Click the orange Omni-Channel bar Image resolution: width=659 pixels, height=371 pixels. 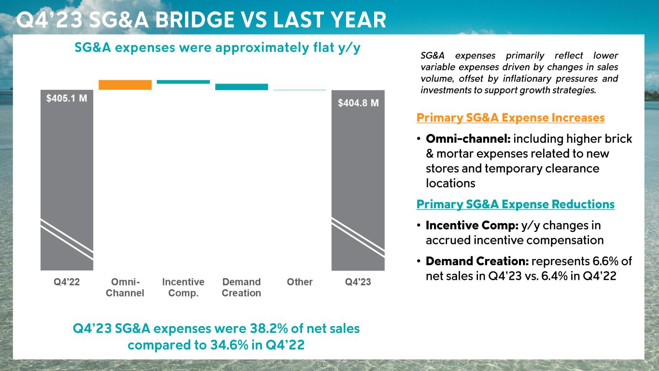pos(125,85)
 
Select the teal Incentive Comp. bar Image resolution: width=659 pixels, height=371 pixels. pos(183,82)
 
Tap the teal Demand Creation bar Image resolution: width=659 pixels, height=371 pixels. pos(241,87)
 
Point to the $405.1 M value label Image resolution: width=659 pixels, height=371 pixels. pos(67,98)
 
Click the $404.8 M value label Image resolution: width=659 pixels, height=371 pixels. pos(358,103)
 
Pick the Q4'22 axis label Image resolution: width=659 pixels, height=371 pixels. pos(67,282)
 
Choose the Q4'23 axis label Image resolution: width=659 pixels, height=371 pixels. pos(358,282)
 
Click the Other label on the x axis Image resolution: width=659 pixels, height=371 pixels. pos(300,282)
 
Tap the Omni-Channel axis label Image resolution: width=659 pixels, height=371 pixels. pos(125,287)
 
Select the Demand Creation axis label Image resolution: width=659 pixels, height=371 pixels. pos(241,287)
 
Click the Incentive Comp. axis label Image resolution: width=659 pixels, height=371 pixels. pos(183,287)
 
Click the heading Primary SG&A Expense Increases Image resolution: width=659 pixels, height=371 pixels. pos(510,118)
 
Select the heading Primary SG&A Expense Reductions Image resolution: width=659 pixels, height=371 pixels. pos(515,204)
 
